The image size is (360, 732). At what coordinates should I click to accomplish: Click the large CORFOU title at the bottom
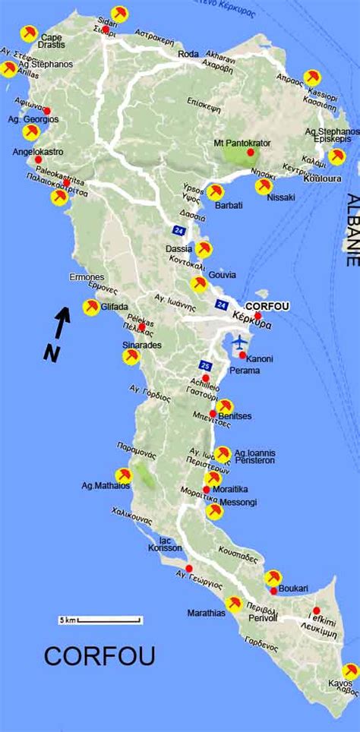pyautogui.click(x=99, y=656)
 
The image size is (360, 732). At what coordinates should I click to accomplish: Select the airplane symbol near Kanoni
pyautogui.click(x=242, y=341)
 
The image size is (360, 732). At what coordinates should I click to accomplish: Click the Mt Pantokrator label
pyautogui.click(x=244, y=142)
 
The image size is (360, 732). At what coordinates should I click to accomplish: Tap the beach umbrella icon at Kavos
pyautogui.click(x=350, y=671)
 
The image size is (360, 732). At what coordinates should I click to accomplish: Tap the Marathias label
pyautogui.click(x=206, y=613)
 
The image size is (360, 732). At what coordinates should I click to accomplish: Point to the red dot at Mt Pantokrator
pyautogui.click(x=250, y=153)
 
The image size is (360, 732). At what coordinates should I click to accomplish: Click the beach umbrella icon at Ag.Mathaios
pyautogui.click(x=123, y=475)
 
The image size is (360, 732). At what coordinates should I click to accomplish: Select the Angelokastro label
pyautogui.click(x=36, y=151)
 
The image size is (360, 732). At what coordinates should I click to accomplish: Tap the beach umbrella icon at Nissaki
pyautogui.click(x=264, y=186)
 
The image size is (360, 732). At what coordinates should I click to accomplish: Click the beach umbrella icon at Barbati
pyautogui.click(x=216, y=191)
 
